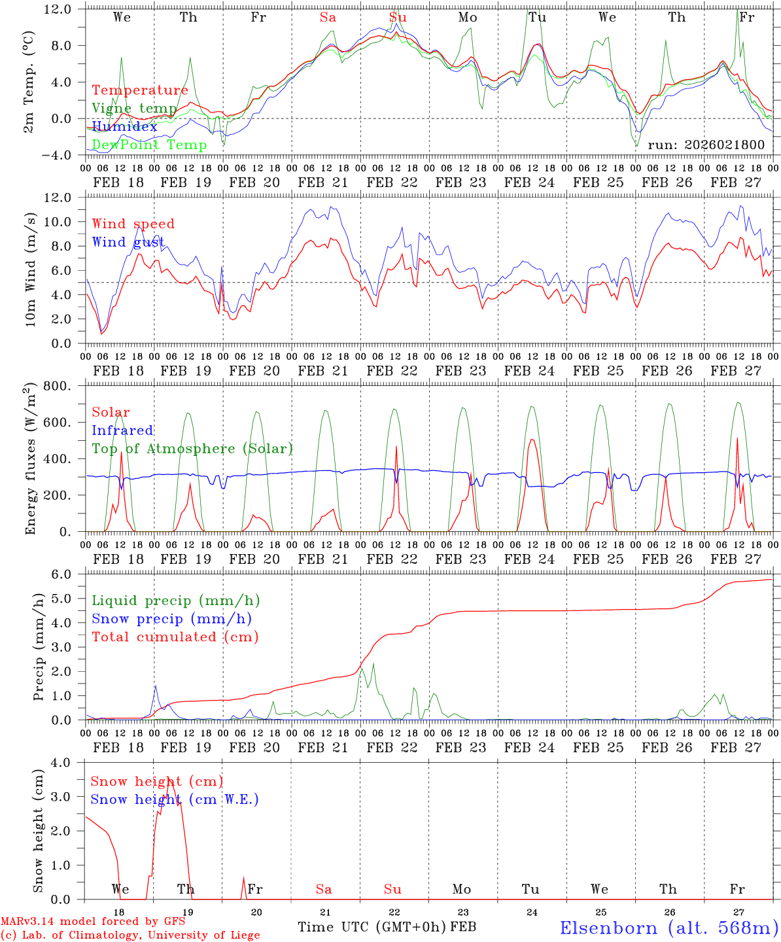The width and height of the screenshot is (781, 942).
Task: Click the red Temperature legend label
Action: [140, 90]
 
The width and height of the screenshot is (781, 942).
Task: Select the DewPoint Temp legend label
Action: [149, 145]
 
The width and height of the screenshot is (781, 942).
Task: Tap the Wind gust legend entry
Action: [128, 242]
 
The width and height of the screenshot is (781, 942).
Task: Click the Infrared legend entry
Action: [122, 430]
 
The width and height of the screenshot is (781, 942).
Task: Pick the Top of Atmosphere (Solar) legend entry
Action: [192, 449]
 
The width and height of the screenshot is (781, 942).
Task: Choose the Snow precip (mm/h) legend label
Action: [172, 619]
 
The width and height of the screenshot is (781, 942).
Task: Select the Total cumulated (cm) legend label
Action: [175, 637]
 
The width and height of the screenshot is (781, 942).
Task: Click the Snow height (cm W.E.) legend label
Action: [175, 799]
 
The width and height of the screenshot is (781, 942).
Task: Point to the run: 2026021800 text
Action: [706, 145]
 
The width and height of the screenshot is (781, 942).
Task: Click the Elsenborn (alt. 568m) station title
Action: [668, 928]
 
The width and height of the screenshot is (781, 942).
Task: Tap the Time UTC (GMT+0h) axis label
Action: [372, 927]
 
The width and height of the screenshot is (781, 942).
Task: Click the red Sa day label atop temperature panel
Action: [328, 18]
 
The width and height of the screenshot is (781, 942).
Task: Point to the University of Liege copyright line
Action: [130, 935]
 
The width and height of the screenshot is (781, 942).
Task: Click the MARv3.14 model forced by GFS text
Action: [93, 922]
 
